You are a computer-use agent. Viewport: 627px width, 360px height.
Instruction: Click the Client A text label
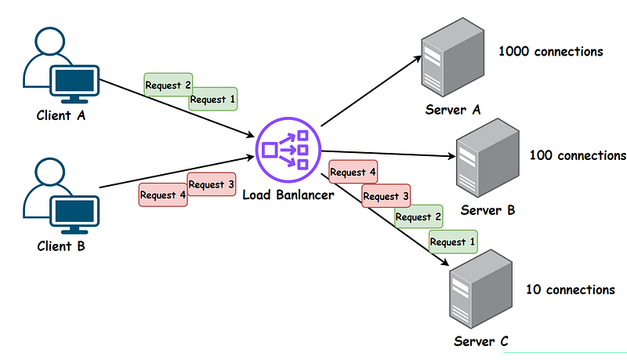coord(60,115)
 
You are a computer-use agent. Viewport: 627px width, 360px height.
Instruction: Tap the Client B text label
coord(60,245)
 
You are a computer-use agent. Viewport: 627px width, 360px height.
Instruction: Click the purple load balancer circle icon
coord(288,147)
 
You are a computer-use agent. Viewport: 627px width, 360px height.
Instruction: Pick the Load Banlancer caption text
coord(288,194)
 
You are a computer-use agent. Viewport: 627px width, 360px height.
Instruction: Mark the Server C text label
coord(481,341)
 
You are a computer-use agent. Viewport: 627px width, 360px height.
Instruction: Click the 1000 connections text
coord(550,52)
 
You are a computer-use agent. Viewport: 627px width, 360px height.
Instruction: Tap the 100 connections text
coord(578,155)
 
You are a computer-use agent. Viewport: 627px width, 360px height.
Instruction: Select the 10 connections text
coord(570,290)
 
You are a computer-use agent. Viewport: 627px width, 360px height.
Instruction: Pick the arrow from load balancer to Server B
coord(388,155)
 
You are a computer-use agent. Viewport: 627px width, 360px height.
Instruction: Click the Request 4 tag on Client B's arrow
coord(163,195)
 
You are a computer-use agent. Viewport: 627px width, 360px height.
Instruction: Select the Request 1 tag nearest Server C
coord(453,242)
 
